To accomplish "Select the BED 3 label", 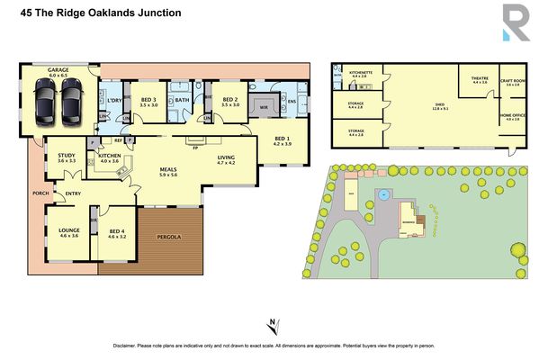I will click(x=148, y=99).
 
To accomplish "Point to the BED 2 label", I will click(x=229, y=99).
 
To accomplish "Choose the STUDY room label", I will click(x=67, y=154).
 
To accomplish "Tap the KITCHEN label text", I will click(x=109, y=155).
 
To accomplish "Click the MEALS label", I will click(x=167, y=168).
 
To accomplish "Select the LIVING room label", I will click(x=225, y=157).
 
